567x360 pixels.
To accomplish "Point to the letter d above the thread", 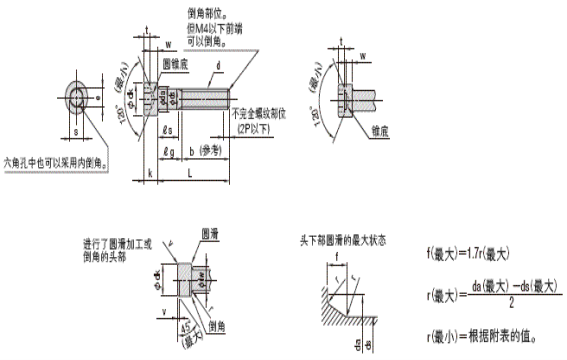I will coord(216,68).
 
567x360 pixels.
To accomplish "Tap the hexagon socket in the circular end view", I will coord(77,97).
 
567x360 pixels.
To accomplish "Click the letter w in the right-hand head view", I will coord(362,56).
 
